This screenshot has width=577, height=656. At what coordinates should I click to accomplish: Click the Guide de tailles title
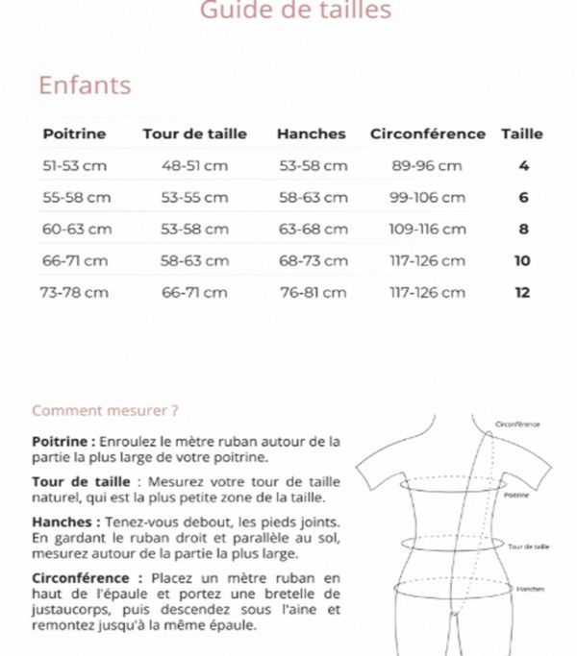pyautogui.click(x=295, y=11)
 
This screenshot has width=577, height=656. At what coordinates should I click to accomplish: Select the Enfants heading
pyautogui.click(x=85, y=85)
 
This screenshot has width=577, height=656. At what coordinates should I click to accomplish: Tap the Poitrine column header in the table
pyautogui.click(x=75, y=134)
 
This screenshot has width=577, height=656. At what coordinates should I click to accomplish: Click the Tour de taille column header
pyautogui.click(x=194, y=134)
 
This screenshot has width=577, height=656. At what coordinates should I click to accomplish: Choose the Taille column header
pyautogui.click(x=522, y=134)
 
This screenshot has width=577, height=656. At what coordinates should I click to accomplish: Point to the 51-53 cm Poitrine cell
pyautogui.click(x=75, y=165)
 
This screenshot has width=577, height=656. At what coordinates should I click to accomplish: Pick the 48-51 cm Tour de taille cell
pyautogui.click(x=194, y=165)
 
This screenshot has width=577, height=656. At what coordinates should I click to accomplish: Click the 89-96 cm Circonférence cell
pyautogui.click(x=427, y=165)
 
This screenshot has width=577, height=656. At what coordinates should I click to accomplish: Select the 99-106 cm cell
pyautogui.click(x=427, y=198)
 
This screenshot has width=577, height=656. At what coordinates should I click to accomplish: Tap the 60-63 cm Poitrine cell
pyautogui.click(x=77, y=230)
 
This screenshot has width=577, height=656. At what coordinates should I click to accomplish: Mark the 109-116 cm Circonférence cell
pyautogui.click(x=427, y=230)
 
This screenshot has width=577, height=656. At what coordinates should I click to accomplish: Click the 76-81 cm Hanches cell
pyautogui.click(x=313, y=292)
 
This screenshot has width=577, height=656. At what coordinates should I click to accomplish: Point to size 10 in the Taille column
pyautogui.click(x=522, y=260)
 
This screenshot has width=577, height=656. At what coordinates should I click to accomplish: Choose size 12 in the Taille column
pyautogui.click(x=522, y=292)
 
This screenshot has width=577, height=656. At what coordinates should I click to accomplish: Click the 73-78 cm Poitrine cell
pyautogui.click(x=73, y=292)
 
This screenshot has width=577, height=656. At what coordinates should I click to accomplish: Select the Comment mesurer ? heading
pyautogui.click(x=106, y=410)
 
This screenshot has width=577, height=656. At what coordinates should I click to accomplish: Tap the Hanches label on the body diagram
pyautogui.click(x=530, y=589)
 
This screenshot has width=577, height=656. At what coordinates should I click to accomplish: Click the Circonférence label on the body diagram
pyautogui.click(x=517, y=424)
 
